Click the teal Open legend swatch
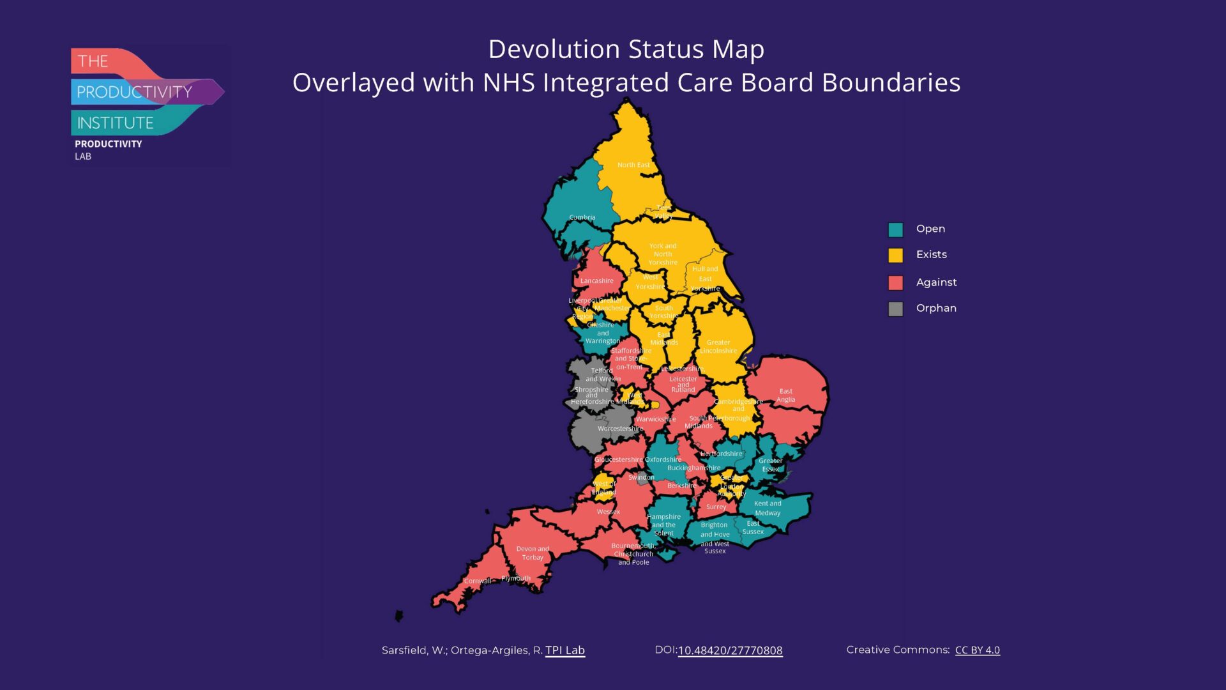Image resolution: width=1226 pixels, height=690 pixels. (895, 229)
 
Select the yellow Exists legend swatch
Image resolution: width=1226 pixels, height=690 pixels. (895, 255)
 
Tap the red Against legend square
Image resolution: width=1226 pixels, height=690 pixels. (895, 282)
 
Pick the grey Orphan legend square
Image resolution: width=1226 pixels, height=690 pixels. (895, 309)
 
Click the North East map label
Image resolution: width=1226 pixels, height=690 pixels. (633, 165)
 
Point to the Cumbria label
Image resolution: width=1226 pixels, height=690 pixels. (582, 217)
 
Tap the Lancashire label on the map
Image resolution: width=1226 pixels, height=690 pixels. (596, 280)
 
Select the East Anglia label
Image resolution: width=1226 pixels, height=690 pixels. (785, 395)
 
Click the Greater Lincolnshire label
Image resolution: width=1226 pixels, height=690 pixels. (718, 346)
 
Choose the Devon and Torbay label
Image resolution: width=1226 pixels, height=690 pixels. (532, 553)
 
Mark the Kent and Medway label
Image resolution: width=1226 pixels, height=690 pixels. (767, 508)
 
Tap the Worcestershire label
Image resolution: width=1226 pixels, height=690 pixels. (619, 429)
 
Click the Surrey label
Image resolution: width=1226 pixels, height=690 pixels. (715, 507)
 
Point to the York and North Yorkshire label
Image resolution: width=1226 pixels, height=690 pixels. (662, 254)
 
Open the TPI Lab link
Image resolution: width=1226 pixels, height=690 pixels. (564, 650)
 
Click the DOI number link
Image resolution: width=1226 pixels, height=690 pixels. (730, 650)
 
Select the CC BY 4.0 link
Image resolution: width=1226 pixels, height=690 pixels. (977, 650)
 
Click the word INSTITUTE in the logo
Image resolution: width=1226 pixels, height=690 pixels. (115, 123)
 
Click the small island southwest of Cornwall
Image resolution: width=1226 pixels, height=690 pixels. (398, 616)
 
